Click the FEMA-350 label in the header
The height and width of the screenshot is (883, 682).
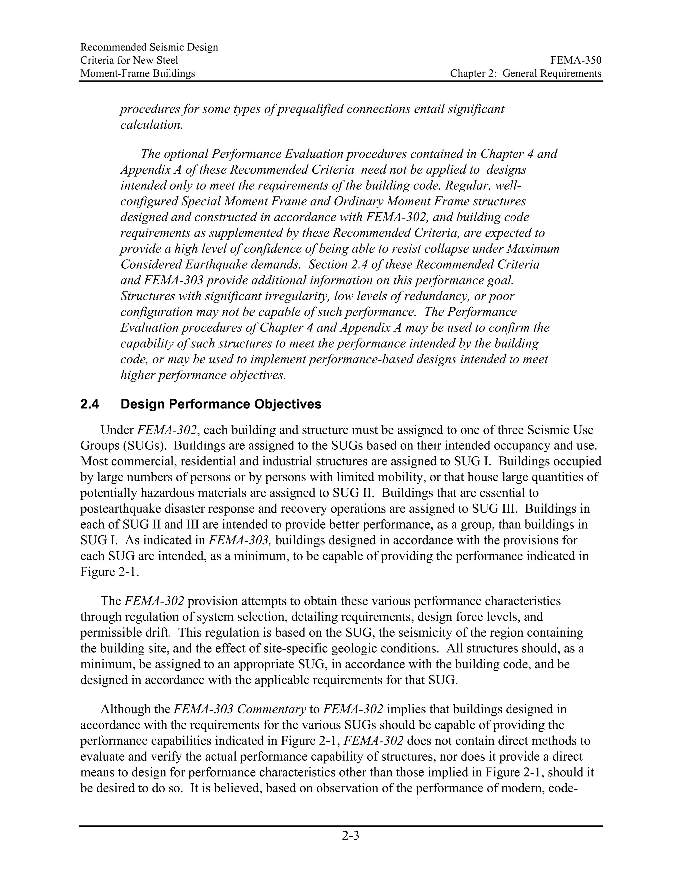tap(576, 60)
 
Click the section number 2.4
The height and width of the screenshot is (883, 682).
tap(89, 404)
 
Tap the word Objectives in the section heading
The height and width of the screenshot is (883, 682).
tap(288, 404)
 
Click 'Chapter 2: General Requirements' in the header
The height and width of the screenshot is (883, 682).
tap(525, 73)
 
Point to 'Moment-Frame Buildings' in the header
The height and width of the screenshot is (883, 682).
tap(138, 73)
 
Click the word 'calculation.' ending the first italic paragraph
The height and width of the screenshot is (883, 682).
tap(152, 125)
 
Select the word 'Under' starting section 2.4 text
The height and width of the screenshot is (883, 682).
tap(117, 430)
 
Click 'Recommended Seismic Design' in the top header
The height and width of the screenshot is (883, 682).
tap(149, 47)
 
